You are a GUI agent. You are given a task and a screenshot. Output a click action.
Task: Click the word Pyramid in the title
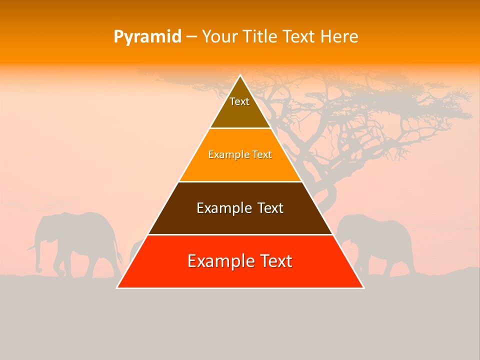tap(147, 37)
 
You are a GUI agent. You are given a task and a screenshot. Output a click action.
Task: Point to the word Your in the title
tap(220, 37)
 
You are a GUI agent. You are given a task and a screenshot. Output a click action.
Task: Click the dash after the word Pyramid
tap(191, 37)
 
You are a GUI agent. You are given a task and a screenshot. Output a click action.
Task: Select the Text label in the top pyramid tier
tap(239, 101)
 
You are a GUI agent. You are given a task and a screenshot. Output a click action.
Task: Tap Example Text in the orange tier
tap(240, 154)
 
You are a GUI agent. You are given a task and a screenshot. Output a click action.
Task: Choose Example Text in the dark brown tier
tap(240, 208)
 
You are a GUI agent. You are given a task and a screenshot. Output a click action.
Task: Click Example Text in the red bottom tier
tap(240, 261)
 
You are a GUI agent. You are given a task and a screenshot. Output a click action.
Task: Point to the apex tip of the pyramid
tap(240, 76)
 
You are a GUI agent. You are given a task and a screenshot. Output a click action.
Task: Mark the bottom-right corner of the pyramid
tap(363, 287)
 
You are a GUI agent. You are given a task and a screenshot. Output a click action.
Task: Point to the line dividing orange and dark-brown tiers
tap(240, 181)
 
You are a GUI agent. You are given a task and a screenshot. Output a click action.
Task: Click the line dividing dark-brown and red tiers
tap(240, 234)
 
